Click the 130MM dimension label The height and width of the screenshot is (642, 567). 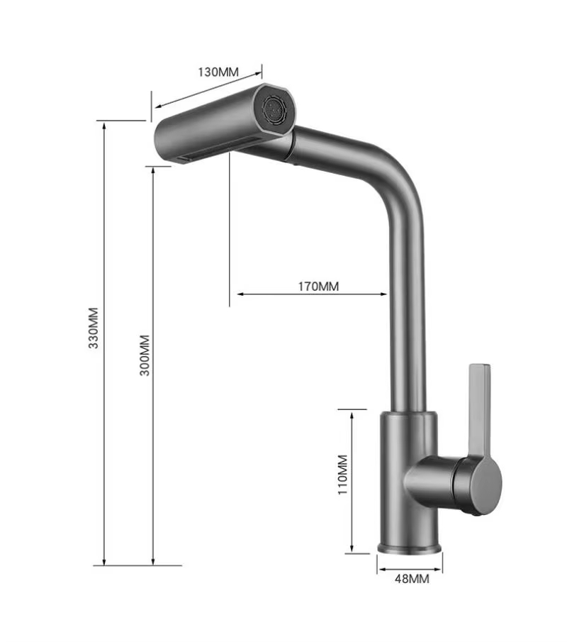click(x=218, y=72)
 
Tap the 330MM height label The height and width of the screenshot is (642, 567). click(x=94, y=328)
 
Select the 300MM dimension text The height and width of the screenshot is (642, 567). click(x=145, y=355)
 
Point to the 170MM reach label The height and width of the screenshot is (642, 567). click(x=318, y=286)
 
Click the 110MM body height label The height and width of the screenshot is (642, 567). click(x=342, y=475)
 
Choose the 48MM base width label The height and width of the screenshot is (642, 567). click(x=412, y=579)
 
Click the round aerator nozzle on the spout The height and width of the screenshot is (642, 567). click(x=274, y=108)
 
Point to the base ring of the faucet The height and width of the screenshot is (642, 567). click(x=409, y=548)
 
